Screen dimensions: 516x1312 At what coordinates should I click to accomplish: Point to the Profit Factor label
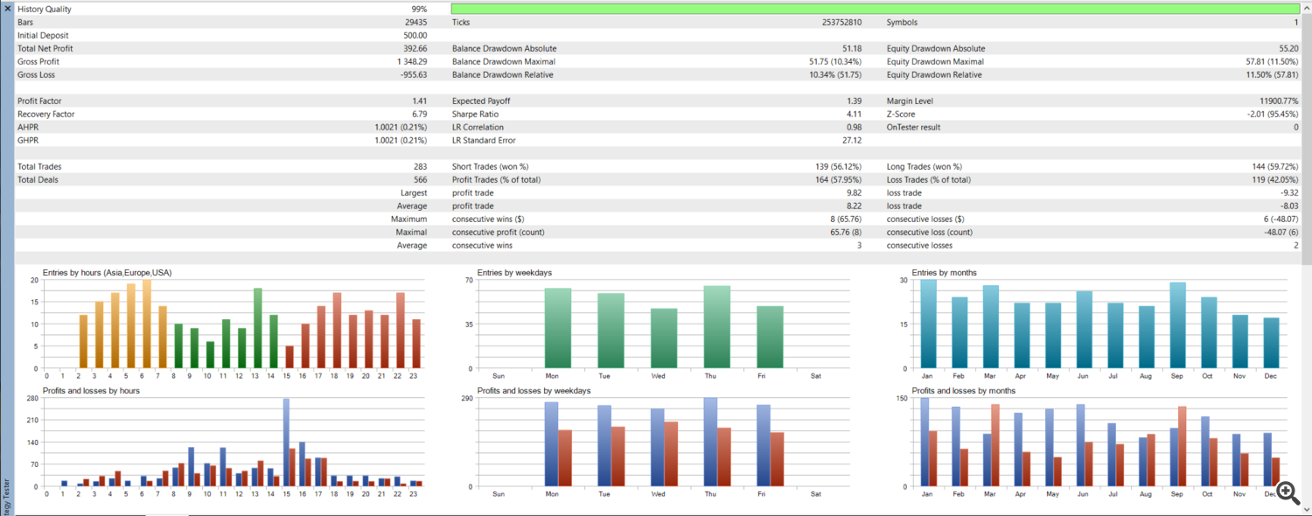click(39, 101)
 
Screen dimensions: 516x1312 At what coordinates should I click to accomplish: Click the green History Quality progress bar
click(875, 9)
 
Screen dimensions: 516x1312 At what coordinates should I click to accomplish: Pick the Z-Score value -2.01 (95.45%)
click(1266, 115)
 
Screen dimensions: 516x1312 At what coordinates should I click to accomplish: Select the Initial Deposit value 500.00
click(415, 36)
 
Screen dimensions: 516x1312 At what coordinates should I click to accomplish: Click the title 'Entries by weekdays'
click(514, 273)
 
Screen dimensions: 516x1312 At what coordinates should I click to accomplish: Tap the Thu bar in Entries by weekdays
click(716, 327)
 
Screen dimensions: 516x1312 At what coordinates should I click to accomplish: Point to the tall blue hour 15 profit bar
click(286, 443)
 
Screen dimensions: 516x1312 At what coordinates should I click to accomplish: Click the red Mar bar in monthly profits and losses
click(995, 445)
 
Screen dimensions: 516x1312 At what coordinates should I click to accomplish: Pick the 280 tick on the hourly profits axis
click(33, 399)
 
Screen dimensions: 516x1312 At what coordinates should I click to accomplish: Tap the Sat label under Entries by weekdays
click(815, 375)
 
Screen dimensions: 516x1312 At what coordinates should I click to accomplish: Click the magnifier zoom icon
click(1287, 492)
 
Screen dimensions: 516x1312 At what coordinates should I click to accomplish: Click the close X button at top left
click(7, 8)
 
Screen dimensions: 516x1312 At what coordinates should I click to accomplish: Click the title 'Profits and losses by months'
click(963, 391)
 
